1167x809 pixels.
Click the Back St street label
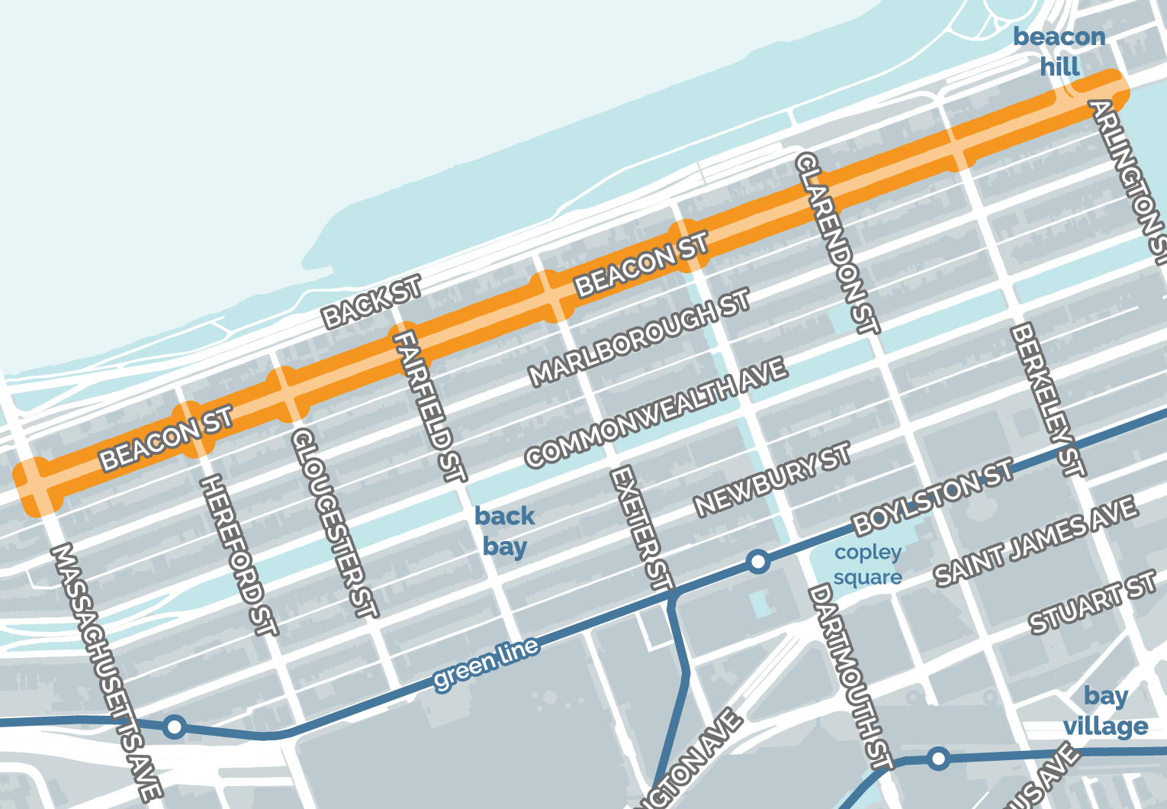point(371,302)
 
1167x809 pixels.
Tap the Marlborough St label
point(640,337)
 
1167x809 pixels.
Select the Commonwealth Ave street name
point(656,412)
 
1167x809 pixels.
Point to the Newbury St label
point(772,479)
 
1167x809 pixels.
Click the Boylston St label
point(933,497)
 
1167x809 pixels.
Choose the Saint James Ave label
point(1036,541)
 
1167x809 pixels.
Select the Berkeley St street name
point(1047,400)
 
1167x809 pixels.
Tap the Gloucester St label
point(334,523)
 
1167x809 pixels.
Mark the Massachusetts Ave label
point(106,672)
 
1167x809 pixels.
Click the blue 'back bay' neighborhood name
point(504,531)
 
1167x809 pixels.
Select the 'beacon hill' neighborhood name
point(1059,51)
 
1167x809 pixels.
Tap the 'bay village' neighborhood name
point(1106,711)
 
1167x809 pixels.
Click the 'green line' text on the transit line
point(486,665)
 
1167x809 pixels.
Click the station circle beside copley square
point(757,562)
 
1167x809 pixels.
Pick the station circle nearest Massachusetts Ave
point(175,726)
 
